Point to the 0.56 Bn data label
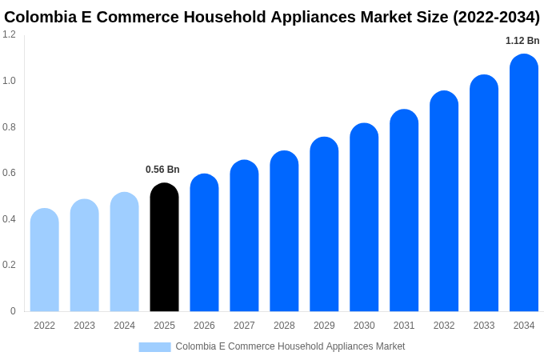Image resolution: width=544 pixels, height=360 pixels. [162, 170]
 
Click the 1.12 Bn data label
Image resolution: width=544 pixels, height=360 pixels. [522, 41]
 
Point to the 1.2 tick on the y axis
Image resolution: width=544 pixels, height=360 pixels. [9, 34]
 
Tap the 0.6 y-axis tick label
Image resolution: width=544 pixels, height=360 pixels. [9, 173]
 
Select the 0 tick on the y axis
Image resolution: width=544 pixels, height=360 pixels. [13, 311]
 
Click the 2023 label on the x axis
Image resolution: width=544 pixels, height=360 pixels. [84, 326]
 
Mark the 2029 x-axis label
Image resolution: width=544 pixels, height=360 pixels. [324, 326]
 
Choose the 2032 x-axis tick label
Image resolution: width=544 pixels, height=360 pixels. [444, 326]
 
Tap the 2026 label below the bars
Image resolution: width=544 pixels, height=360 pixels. [204, 326]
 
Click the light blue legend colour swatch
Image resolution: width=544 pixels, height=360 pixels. [154, 347]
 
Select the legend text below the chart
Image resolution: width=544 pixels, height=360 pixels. [290, 346]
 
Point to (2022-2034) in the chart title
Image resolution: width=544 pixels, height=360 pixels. [496, 17]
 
